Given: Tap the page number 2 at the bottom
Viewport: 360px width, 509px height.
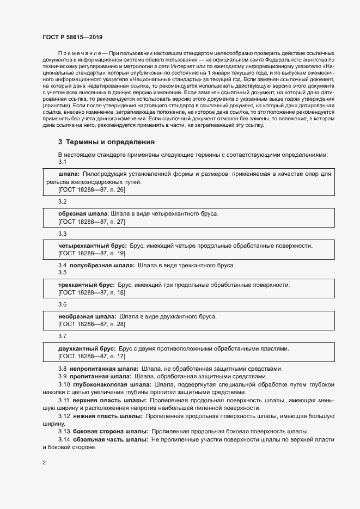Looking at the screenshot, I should coord(44,463).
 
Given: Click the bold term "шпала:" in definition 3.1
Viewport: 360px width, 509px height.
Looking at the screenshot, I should coord(69,174).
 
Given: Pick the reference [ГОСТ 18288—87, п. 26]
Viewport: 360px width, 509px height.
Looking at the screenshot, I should coord(91,189).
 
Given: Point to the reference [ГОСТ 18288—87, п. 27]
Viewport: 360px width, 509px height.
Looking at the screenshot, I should coord(91,222).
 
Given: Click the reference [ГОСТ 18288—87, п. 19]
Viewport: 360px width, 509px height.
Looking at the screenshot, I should coord(91,254).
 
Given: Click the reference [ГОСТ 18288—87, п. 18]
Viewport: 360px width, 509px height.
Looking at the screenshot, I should coord(91,292).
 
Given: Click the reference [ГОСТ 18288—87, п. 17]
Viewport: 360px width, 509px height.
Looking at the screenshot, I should coord(91,356).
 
